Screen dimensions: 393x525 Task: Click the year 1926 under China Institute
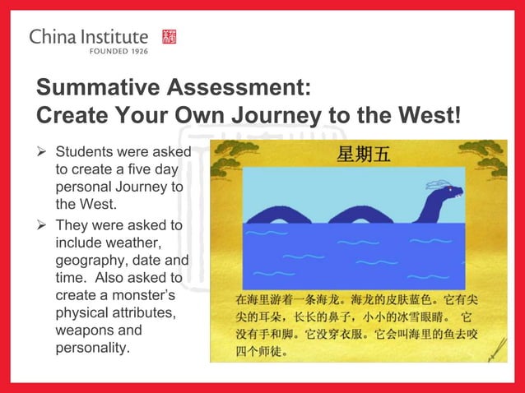[x=134, y=50]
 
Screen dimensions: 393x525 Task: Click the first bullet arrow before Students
[x=44, y=152]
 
